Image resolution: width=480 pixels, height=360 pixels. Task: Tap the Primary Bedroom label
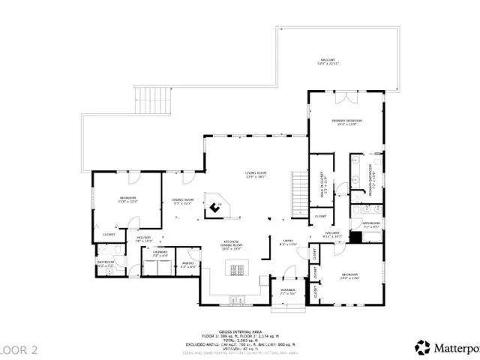click(347, 122)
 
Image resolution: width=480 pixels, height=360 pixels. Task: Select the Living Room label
click(256, 175)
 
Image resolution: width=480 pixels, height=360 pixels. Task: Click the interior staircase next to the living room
click(298, 191)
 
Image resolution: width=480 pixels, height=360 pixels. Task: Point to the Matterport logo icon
click(423, 346)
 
